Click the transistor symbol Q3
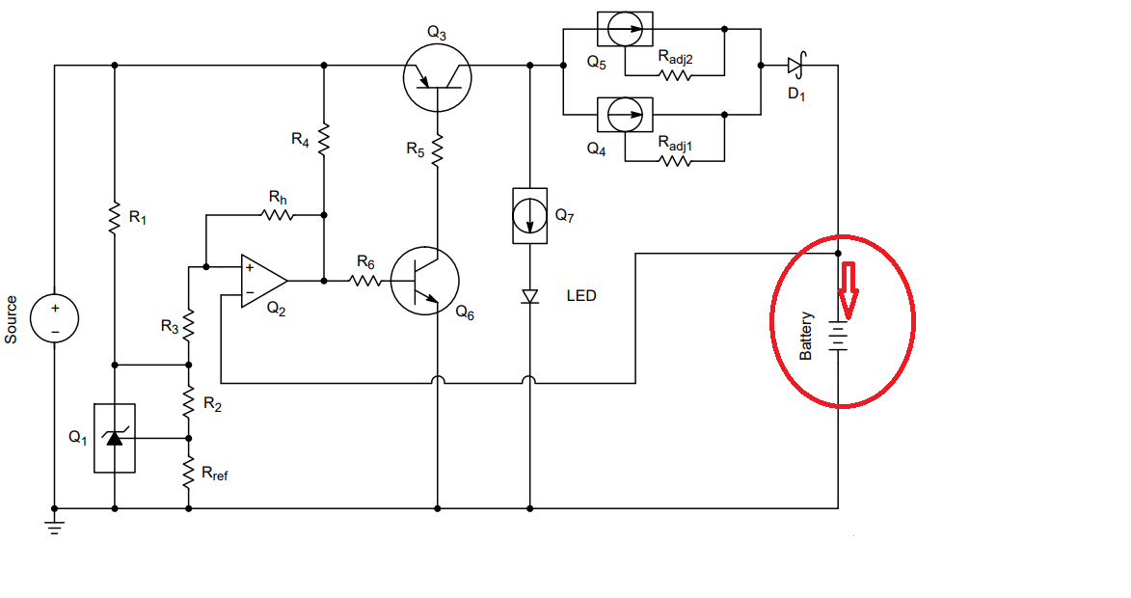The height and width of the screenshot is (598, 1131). click(x=437, y=77)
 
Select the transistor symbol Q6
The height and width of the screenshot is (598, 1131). click(x=425, y=281)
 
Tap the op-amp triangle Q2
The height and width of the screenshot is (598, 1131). click(x=264, y=281)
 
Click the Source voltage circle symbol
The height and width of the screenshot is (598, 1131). click(x=54, y=318)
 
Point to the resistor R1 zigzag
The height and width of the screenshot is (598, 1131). click(x=114, y=218)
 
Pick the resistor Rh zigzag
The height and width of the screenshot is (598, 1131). click(x=278, y=215)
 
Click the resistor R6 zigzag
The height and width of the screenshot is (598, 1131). click(x=366, y=281)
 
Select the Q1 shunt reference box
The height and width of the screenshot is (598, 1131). click(x=115, y=438)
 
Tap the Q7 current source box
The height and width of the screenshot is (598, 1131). click(x=530, y=216)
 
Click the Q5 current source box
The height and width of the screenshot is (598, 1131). click(x=626, y=30)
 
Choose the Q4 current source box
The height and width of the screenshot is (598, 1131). click(x=626, y=115)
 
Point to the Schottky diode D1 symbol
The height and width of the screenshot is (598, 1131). click(x=795, y=66)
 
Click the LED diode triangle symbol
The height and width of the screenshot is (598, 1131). click(x=530, y=296)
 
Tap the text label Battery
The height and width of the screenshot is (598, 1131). click(x=806, y=337)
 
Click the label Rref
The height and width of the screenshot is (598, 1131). click(x=215, y=474)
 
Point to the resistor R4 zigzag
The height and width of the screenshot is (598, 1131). click(x=324, y=139)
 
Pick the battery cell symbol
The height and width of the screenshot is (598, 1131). click(x=838, y=337)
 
